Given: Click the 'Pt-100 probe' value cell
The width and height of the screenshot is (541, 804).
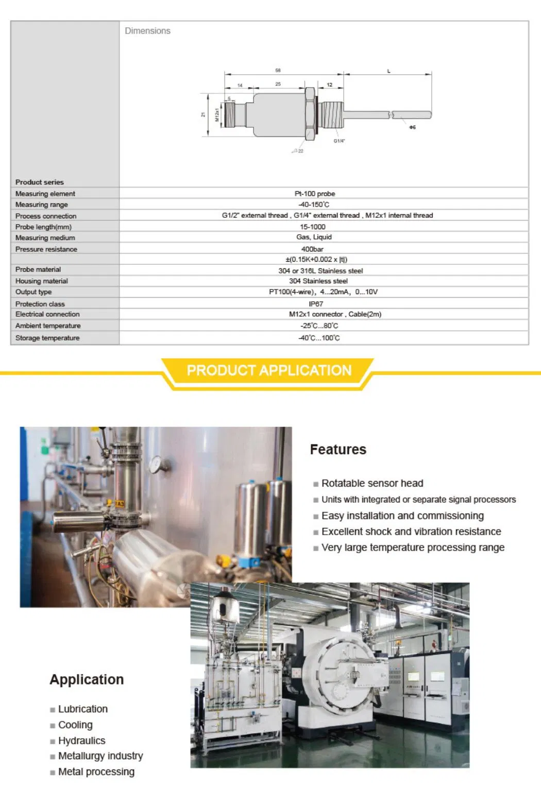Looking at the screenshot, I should click(x=314, y=194).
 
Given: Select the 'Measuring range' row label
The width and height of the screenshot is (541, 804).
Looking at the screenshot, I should click(x=41, y=204).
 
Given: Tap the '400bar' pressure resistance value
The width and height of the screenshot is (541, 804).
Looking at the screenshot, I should click(x=312, y=249).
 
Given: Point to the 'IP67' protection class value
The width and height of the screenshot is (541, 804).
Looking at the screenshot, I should click(x=316, y=304).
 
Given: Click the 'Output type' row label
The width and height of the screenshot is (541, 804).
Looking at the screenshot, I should click(x=33, y=292).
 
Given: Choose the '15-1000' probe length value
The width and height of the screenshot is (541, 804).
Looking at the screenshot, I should click(x=312, y=227).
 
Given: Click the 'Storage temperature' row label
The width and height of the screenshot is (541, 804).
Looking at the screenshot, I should click(x=47, y=338).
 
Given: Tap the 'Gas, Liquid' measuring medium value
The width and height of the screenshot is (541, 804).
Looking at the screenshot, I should click(x=314, y=237).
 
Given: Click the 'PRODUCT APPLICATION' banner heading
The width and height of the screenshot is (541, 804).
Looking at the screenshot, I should click(x=269, y=370).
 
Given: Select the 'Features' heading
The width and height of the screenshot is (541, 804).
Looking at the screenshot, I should click(x=338, y=450).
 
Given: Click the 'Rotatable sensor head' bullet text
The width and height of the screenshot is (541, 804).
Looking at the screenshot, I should click(x=372, y=483).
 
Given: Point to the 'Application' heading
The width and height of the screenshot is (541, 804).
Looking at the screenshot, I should click(x=87, y=679).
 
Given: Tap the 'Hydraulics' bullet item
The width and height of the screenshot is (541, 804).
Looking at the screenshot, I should click(x=81, y=741).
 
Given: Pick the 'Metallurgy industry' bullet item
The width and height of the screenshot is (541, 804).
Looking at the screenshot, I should click(x=100, y=756).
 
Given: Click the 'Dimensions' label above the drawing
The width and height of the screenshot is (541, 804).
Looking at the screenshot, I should click(x=147, y=31).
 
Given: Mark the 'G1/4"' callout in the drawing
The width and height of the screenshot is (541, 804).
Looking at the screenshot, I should click(x=339, y=141).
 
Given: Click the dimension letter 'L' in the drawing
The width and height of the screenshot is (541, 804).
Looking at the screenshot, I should click(x=388, y=71).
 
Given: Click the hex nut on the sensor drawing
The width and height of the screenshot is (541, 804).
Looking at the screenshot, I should click(x=310, y=114).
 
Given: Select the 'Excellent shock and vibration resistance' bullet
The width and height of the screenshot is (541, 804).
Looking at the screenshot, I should click(x=411, y=532).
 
